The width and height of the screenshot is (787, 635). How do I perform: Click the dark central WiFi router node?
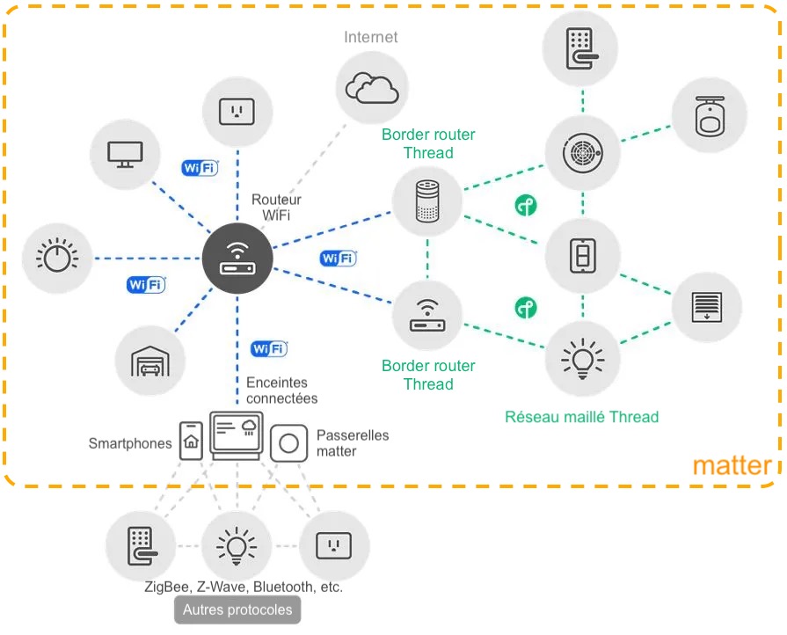(238, 259)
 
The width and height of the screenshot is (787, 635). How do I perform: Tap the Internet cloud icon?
(372, 87)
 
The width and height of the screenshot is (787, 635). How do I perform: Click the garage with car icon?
(150, 361)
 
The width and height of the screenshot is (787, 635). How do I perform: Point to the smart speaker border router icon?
(426, 201)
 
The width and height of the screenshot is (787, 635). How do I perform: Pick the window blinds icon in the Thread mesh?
(707, 308)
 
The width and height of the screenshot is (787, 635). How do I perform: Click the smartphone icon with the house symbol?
(191, 440)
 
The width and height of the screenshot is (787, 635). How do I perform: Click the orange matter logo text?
(732, 465)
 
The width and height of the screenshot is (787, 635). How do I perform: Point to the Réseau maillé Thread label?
(581, 417)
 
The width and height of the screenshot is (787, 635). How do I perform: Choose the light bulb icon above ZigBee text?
(236, 545)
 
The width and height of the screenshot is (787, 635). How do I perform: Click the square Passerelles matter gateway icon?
(288, 442)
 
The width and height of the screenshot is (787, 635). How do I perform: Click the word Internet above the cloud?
(370, 37)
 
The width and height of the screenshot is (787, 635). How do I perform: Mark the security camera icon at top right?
(709, 115)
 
